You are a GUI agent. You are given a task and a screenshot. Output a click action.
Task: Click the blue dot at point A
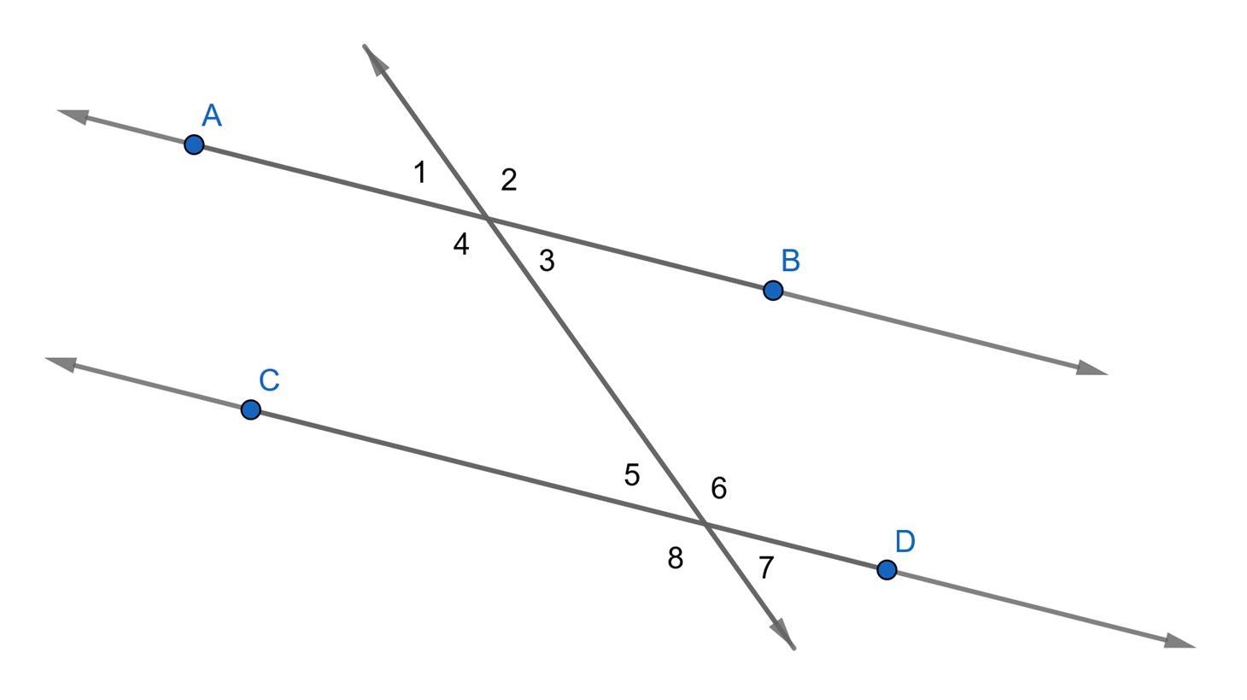pyautogui.click(x=194, y=144)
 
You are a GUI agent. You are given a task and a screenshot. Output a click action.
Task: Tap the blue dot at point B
pyautogui.click(x=773, y=291)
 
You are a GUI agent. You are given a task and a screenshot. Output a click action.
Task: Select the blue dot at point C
pyautogui.click(x=250, y=410)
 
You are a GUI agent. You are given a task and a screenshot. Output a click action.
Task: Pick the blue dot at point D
pyautogui.click(x=887, y=570)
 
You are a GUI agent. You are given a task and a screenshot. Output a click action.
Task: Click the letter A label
pyautogui.click(x=212, y=115)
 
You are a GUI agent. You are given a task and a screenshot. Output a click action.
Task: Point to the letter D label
pyautogui.click(x=905, y=542)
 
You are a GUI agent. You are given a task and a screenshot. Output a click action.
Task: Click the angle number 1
pyautogui.click(x=419, y=173)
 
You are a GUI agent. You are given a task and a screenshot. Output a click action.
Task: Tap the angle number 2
pyautogui.click(x=508, y=180)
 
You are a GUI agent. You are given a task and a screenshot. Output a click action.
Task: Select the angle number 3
pyautogui.click(x=547, y=261)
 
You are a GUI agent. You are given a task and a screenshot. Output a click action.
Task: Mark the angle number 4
pyautogui.click(x=461, y=245)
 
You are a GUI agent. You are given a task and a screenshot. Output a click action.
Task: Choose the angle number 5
pyautogui.click(x=632, y=475)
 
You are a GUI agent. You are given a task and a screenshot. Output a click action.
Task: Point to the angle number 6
pyautogui.click(x=719, y=488)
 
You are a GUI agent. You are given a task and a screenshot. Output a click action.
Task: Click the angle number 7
pyautogui.click(x=766, y=568)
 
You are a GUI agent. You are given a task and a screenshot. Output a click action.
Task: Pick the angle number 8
pyautogui.click(x=675, y=558)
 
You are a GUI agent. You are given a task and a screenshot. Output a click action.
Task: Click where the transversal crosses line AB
pyautogui.click(x=487, y=219)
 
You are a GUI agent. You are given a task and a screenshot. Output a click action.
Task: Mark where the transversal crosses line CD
pyautogui.click(x=705, y=523)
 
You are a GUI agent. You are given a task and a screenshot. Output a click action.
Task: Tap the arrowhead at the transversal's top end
pyautogui.click(x=373, y=57)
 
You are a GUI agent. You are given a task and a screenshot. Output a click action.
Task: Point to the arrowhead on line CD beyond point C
pyautogui.click(x=60, y=363)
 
